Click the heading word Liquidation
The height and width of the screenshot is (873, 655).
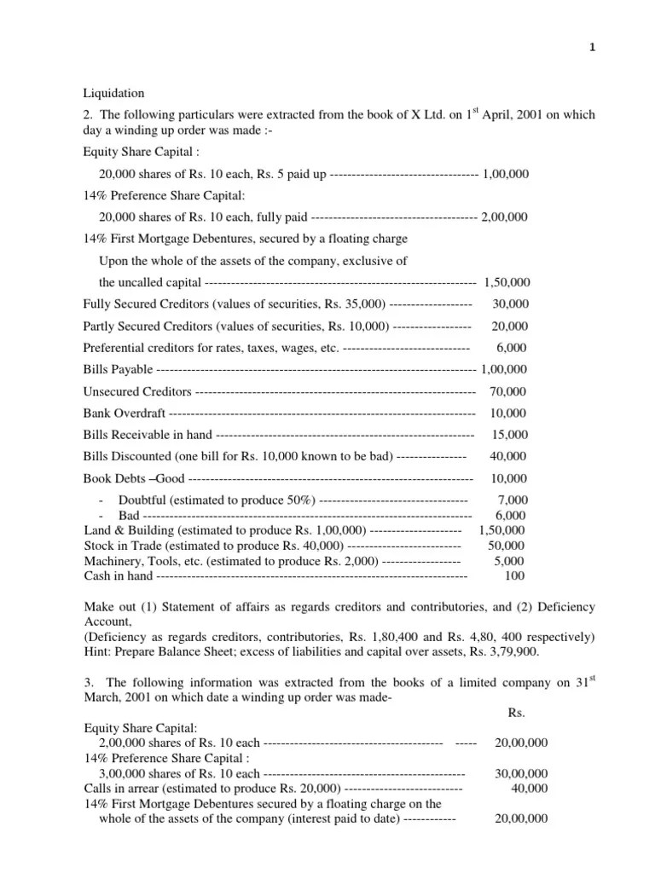click(113, 93)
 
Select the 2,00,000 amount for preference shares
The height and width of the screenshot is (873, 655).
click(504, 217)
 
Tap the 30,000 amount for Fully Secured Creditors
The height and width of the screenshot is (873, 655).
click(510, 304)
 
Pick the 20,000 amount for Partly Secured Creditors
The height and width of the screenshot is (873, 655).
click(510, 326)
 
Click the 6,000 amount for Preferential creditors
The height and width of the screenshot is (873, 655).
click(512, 347)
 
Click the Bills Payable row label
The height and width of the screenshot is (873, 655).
click(119, 369)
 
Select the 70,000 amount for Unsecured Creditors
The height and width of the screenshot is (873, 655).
click(509, 391)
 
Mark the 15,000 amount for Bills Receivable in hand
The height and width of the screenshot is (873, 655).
click(509, 435)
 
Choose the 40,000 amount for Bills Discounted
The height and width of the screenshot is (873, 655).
click(509, 456)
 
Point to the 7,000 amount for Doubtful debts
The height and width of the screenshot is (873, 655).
click(512, 500)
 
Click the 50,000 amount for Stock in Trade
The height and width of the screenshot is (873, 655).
click(506, 545)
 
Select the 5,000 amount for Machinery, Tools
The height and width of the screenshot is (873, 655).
click(509, 560)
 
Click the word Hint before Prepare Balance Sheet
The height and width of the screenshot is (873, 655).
click(96, 652)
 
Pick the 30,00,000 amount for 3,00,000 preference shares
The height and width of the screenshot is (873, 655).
click(521, 773)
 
